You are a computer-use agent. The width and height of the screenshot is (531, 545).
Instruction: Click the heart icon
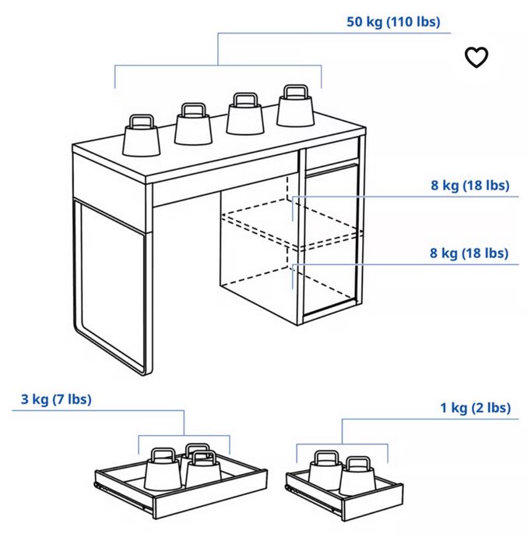coord(476,57)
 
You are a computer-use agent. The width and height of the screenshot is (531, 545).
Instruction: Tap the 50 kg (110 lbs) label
coord(393,22)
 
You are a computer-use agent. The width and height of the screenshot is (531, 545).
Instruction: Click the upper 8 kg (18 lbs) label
coord(469,186)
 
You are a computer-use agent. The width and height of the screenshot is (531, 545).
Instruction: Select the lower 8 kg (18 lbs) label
coord(469,253)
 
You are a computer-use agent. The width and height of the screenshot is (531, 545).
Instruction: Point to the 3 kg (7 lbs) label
coord(56,400)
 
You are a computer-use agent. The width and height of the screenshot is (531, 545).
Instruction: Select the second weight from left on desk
coord(193,125)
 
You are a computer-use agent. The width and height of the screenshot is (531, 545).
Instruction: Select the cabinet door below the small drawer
coord(331,242)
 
